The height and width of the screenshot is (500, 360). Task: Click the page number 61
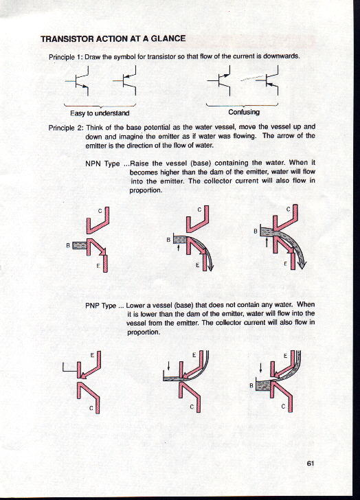click(x=311, y=464)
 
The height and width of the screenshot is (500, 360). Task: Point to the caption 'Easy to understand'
click(x=100, y=113)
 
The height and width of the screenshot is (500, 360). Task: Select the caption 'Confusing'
click(x=244, y=112)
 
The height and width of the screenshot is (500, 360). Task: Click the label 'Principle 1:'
click(x=66, y=58)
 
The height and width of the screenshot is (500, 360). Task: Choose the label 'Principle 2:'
click(x=66, y=128)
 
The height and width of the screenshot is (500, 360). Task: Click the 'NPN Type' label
click(x=102, y=164)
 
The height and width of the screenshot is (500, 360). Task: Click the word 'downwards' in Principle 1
click(x=283, y=56)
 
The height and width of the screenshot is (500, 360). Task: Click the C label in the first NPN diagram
click(x=100, y=211)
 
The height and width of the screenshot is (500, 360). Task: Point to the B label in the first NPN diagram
click(x=67, y=246)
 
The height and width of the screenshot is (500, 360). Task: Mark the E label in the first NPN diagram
click(x=99, y=265)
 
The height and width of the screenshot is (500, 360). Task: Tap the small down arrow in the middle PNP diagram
click(x=168, y=365)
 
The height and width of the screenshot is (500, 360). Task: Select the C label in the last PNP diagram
click(x=283, y=407)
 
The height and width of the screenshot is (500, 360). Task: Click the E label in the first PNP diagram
click(x=92, y=354)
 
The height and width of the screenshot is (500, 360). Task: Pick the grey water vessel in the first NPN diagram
click(x=80, y=245)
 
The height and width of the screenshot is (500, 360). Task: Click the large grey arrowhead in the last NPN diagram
click(x=302, y=264)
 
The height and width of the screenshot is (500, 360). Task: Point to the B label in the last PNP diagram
click(x=251, y=385)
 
